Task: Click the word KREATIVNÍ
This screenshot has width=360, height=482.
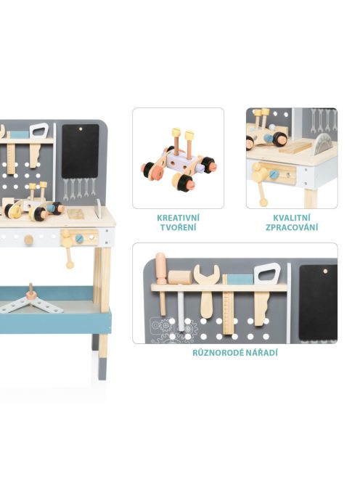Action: [178, 218]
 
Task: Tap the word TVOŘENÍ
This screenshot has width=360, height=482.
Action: [178, 228]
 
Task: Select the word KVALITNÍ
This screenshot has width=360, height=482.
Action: [292, 218]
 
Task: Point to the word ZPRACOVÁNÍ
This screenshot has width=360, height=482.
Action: [292, 228]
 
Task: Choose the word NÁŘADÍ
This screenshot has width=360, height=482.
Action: [258, 353]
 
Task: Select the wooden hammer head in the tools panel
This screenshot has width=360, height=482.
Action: [180, 277]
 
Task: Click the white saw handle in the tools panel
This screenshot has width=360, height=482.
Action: [267, 273]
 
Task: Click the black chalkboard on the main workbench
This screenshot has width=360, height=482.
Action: [81, 151]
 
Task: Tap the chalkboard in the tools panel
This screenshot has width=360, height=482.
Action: [318, 303]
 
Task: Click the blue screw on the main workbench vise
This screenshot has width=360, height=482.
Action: [79, 238]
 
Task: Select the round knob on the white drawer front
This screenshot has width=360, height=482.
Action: [28, 240]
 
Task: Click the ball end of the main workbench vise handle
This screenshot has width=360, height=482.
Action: [70, 265]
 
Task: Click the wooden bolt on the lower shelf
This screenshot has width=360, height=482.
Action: [31, 293]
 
